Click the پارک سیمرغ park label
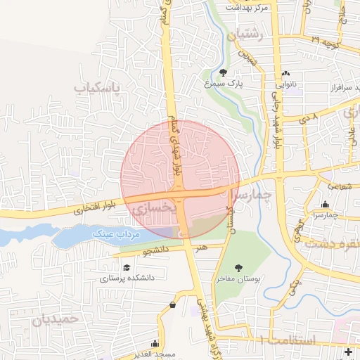tap(223, 83)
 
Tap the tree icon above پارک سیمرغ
tap(223, 72)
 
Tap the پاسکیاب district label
tap(98, 88)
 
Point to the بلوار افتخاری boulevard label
tap(88, 208)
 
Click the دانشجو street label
tap(156, 250)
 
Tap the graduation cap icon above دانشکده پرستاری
tap(127, 268)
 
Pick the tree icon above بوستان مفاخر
tap(239, 268)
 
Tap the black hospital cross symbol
tap(348, 351)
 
